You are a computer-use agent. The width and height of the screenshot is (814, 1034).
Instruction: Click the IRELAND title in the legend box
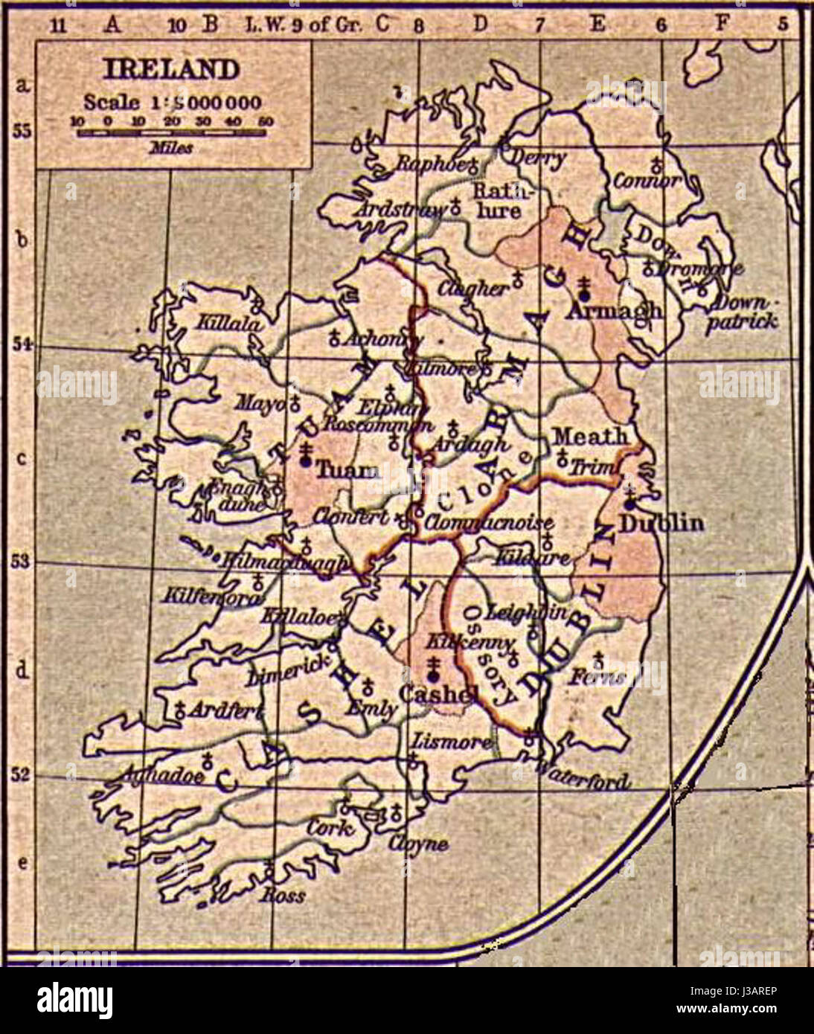[172, 69]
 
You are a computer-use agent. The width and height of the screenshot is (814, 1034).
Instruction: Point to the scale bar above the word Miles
[172, 132]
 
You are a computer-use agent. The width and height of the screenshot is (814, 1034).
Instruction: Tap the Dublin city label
[661, 523]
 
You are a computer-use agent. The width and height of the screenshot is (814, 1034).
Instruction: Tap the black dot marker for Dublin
[629, 504]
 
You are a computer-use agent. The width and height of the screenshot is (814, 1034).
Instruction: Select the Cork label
[329, 826]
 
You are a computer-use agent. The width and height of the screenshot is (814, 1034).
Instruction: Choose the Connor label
[647, 180]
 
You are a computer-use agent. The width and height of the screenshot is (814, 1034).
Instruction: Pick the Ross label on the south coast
[283, 895]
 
